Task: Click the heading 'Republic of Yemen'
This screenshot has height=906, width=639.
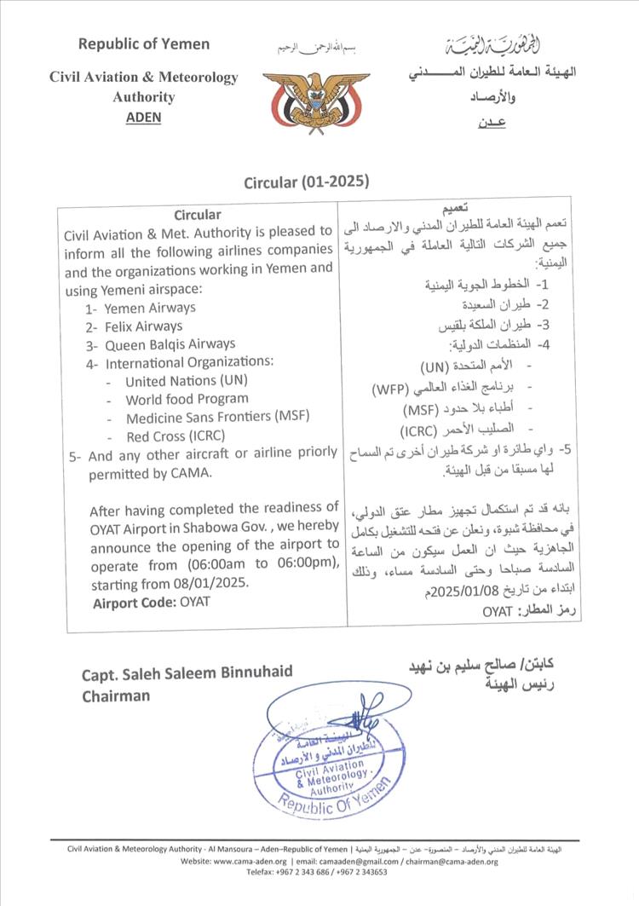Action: pyautogui.click(x=143, y=44)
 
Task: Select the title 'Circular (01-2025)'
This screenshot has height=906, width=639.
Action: pyautogui.click(x=307, y=182)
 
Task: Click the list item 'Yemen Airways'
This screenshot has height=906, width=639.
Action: pyautogui.click(x=151, y=308)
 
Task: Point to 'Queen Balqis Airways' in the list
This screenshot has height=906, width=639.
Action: pyautogui.click(x=170, y=344)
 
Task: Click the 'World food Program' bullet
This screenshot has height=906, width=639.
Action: pyautogui.click(x=187, y=399)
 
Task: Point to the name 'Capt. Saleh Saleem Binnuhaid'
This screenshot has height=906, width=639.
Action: pyautogui.click(x=187, y=673)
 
